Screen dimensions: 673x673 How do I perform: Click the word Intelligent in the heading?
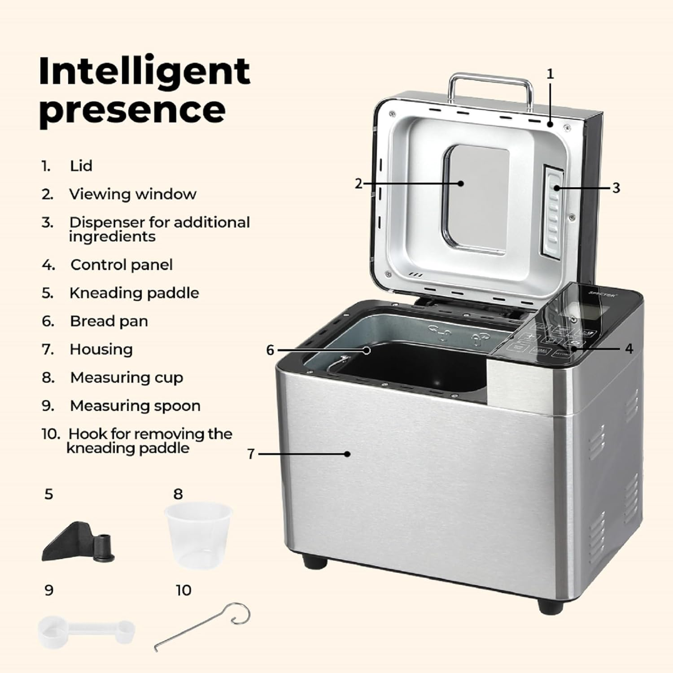(144, 72)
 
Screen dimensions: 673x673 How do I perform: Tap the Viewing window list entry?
(132, 194)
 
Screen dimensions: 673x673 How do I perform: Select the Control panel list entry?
(121, 265)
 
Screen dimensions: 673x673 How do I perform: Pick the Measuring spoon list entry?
(135, 406)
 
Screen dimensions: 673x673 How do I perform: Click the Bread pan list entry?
(109, 321)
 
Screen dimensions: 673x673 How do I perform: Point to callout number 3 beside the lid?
(616, 188)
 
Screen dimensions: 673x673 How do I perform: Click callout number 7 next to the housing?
(251, 454)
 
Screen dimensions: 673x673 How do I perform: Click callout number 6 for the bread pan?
(270, 350)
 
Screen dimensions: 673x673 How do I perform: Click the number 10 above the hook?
(184, 590)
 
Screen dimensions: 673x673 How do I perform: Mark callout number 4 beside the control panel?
(629, 349)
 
